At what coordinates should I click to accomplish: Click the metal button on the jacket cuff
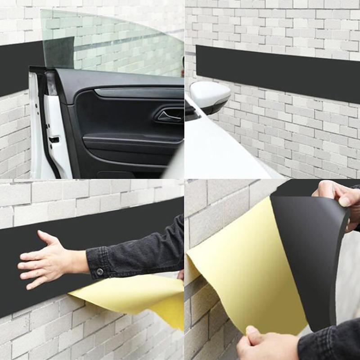99,271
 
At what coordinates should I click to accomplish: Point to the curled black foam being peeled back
310,252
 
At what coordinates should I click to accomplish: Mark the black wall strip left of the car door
13,67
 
